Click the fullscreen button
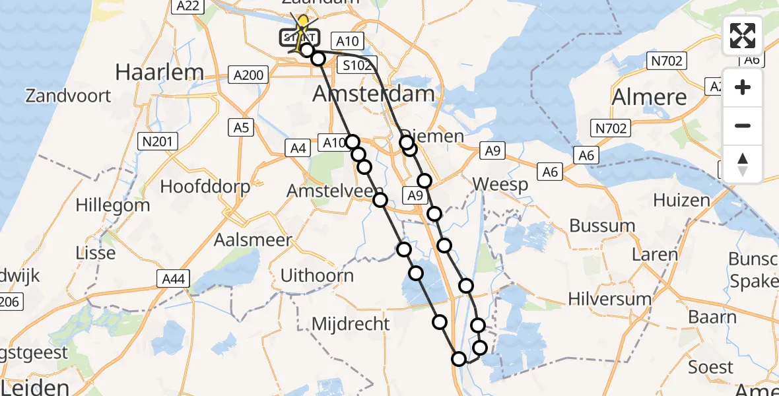(x=743, y=36)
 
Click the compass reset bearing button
(x=743, y=164)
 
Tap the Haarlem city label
(x=158, y=72)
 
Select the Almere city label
(x=650, y=97)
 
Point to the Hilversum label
(x=610, y=299)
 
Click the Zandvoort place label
(x=68, y=96)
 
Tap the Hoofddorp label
(x=205, y=187)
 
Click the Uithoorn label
(x=317, y=275)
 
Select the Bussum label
(x=602, y=226)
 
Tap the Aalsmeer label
(x=253, y=240)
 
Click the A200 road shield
(x=248, y=75)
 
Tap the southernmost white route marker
(x=459, y=359)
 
